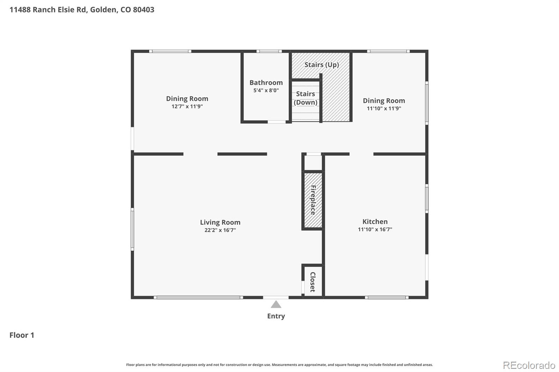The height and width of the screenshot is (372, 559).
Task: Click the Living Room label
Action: tap(220, 222)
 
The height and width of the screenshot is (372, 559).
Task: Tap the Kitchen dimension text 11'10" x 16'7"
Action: tap(375, 229)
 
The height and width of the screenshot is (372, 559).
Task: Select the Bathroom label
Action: tap(266, 83)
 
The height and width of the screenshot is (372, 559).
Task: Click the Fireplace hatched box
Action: tap(313, 200)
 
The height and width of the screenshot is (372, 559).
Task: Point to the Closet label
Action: tap(313, 282)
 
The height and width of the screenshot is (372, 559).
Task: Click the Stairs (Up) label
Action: tap(321, 65)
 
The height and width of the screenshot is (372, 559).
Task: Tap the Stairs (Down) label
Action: tap(305, 98)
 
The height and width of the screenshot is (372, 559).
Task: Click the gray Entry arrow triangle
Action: tap(276, 305)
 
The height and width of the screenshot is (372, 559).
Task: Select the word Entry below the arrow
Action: tap(276, 316)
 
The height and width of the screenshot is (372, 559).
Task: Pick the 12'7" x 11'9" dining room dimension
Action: tap(187, 106)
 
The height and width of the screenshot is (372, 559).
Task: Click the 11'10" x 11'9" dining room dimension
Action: tap(384, 109)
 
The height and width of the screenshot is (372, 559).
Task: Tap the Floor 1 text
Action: tap(22, 335)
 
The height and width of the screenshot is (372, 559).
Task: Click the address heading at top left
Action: tap(82, 9)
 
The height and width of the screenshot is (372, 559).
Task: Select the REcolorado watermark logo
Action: tap(529, 365)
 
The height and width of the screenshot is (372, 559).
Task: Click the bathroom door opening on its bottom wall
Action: tap(277, 122)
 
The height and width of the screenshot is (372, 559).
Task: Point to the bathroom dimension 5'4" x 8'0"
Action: tap(266, 90)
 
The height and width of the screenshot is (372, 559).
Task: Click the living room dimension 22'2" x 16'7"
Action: tap(220, 230)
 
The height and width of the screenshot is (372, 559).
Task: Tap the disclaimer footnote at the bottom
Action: tap(279, 365)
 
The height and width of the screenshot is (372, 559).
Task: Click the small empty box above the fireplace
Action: tap(313, 163)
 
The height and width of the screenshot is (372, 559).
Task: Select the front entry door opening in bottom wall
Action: tap(276, 297)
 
